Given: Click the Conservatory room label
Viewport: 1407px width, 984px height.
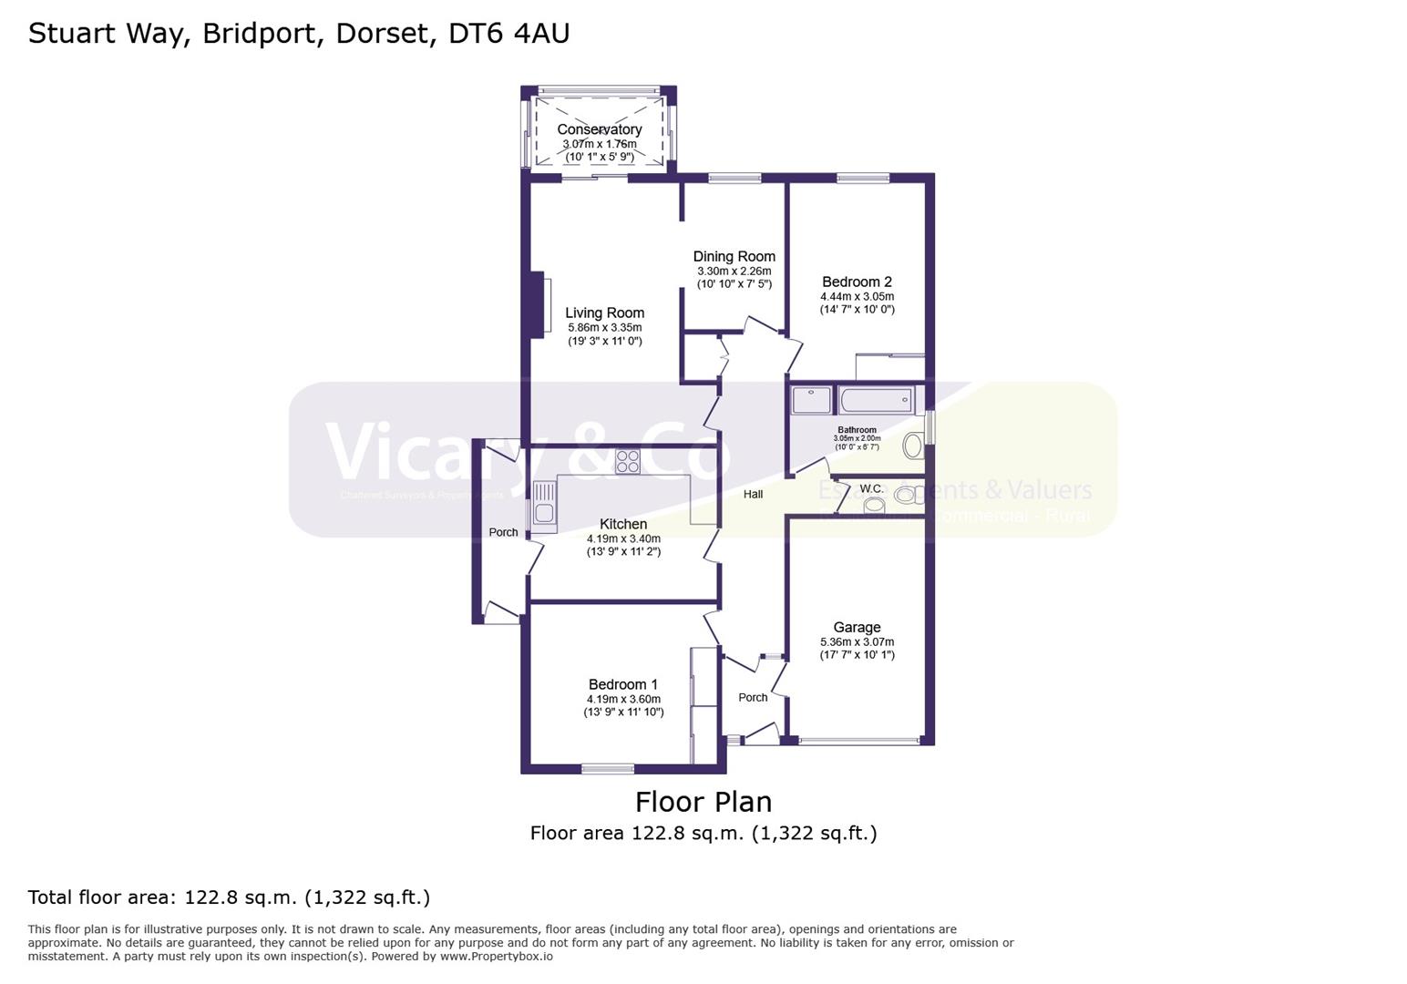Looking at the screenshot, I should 599,129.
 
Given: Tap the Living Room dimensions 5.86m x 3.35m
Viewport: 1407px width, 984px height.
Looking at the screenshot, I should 604,328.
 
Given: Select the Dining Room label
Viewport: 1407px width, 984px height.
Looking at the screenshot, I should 734,257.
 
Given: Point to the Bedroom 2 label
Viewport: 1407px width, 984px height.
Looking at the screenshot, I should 857,282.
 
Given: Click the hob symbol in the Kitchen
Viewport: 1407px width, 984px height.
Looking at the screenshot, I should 627,462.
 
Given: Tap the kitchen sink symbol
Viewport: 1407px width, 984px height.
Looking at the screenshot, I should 544,507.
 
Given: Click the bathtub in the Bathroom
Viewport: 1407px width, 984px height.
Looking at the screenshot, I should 876,400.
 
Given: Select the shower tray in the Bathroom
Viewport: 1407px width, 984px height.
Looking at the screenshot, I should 811,400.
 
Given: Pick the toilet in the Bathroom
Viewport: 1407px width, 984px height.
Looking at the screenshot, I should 912,446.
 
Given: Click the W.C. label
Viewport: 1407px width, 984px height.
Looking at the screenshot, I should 871,489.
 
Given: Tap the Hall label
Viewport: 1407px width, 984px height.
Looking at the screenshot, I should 753,495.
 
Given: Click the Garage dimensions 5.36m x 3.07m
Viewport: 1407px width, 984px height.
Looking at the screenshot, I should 857,642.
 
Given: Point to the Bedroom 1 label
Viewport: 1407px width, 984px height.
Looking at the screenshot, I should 622,685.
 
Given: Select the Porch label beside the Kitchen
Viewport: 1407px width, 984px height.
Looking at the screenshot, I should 503,533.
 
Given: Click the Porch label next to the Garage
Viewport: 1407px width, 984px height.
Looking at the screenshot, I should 753,698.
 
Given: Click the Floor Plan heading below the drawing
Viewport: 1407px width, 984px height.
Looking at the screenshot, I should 703,802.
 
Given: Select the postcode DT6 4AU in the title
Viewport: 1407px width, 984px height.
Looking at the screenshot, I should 509,34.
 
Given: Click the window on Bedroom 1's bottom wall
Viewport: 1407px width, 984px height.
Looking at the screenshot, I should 608,769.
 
